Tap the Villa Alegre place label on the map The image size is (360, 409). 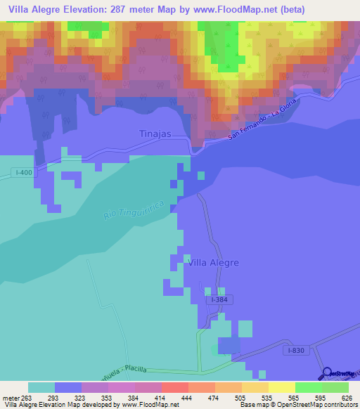coord(214,262)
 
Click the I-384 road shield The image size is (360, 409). coord(220,299)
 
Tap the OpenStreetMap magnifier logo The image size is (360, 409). coord(328,373)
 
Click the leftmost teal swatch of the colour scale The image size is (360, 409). coord(41,387)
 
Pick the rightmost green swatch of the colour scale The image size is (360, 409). coord(335,387)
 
